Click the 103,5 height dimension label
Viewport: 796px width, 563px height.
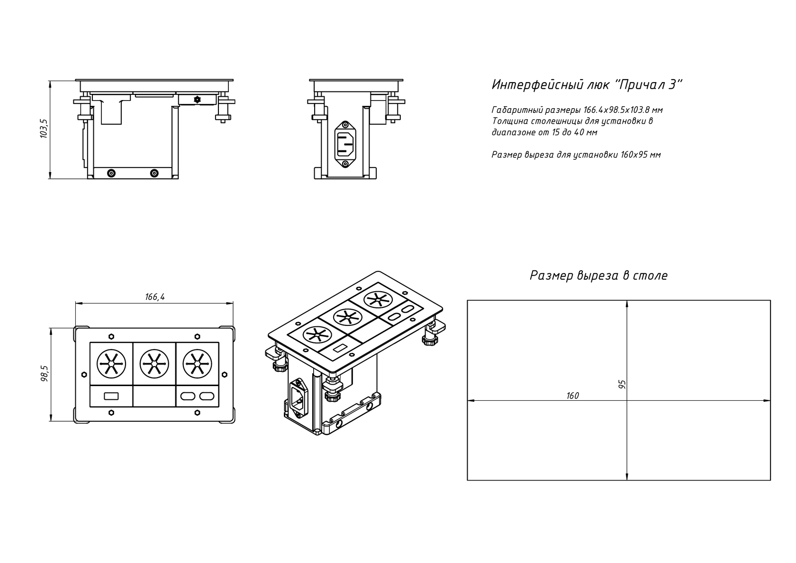coord(44,129)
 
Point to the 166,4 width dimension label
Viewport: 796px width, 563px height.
coord(155,297)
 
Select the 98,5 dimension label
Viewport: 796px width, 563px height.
coord(45,374)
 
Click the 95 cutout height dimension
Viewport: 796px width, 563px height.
coord(622,384)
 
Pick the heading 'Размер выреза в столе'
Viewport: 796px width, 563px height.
coord(599,276)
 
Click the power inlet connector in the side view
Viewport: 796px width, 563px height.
coord(345,144)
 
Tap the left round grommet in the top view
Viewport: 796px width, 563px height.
coord(111,364)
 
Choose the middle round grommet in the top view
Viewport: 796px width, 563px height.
coord(154,364)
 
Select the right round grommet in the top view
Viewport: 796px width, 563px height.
coord(197,364)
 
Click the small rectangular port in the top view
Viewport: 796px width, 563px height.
coord(111,396)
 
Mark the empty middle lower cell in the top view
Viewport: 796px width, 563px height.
coord(154,396)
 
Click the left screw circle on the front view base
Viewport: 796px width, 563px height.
coord(112,173)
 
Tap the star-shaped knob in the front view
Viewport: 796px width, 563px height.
coord(197,100)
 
